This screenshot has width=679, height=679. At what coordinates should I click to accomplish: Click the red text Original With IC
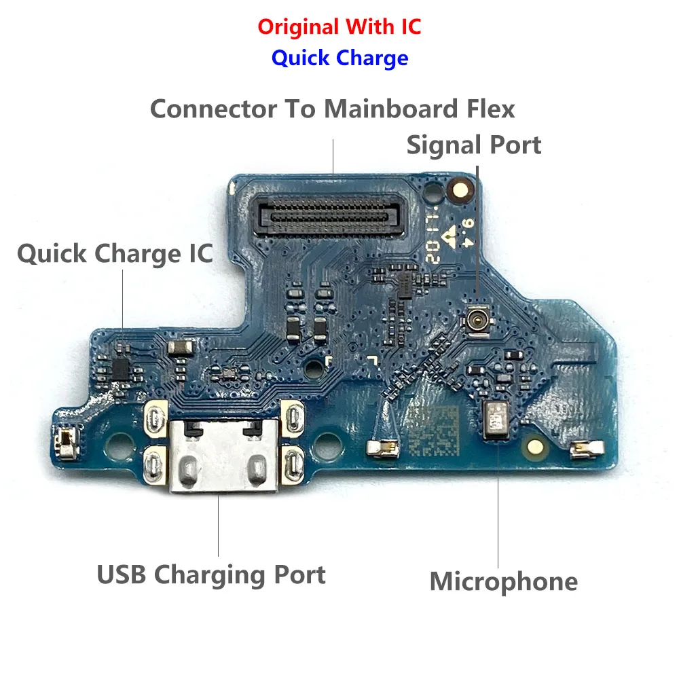coord(339,27)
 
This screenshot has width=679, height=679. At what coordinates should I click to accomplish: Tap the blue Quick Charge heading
coord(339,58)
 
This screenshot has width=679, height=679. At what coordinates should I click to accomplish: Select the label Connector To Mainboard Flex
coord(332,109)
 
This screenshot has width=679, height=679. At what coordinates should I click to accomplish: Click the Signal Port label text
coord(474,145)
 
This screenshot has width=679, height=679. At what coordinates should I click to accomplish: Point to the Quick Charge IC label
coord(115,253)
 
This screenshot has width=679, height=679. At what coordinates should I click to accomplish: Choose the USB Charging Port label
coord(211,574)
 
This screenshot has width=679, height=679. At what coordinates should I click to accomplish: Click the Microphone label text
coord(503,581)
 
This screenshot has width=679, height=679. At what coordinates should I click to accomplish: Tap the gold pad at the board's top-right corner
coord(460,183)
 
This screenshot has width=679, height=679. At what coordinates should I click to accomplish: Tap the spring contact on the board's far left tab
coord(67,441)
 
